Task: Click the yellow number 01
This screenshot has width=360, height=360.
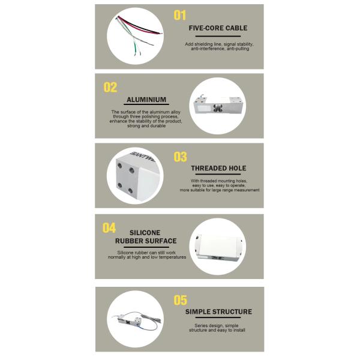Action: pos(180,16)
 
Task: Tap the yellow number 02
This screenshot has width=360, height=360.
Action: pos(110,87)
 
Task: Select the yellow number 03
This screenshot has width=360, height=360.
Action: pos(180,157)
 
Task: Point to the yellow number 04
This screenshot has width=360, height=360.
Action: pos(109,228)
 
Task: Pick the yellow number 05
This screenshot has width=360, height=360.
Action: pos(180,300)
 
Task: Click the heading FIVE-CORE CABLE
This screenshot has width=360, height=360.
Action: pos(218,28)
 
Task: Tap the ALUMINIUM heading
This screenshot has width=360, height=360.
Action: pos(146,100)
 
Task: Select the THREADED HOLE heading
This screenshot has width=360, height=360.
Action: pos(218,168)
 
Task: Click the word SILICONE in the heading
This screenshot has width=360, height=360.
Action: pos(145,233)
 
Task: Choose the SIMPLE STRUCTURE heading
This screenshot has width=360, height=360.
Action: pos(218,311)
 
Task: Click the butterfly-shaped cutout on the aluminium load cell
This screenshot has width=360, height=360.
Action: pos(217,107)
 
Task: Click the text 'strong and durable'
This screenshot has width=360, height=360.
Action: pos(146,126)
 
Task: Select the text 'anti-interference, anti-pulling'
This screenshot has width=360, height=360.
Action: pos(220,49)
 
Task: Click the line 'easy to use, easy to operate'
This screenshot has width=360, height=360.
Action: pos(219,185)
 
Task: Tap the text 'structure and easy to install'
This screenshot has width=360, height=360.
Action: pos(217,330)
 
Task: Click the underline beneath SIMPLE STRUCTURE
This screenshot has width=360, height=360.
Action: pos(218,317)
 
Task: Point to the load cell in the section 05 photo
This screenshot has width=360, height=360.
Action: pos(129,320)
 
